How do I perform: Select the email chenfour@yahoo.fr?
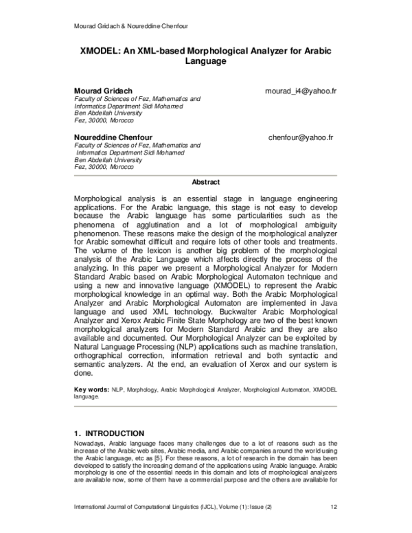301,137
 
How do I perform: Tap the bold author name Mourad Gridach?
103,91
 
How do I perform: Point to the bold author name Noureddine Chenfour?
113,137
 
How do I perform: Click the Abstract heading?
205,182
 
